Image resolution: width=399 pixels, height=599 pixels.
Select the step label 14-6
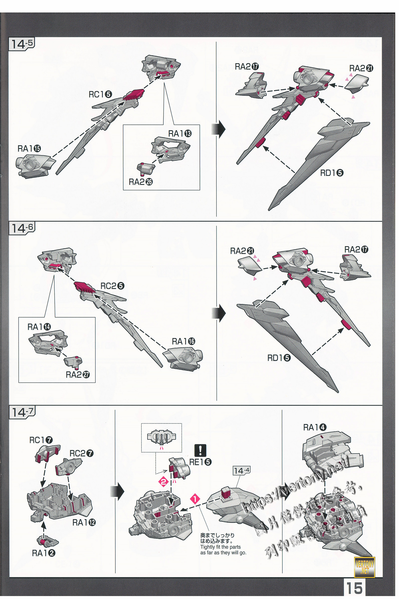coord(22,228)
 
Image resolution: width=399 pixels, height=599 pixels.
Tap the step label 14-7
coord(22,412)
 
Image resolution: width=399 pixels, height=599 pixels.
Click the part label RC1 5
coord(100,95)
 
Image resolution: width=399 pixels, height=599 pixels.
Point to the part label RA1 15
coord(29,149)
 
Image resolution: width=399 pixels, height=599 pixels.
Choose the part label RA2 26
coord(140,182)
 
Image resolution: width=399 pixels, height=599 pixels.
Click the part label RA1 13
coord(180,134)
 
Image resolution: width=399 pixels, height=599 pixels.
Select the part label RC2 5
coord(112,286)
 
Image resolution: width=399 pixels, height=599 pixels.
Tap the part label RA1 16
coord(183,341)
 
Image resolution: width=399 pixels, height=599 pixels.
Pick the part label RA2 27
coord(78,375)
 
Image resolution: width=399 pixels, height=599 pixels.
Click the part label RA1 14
coord(39,327)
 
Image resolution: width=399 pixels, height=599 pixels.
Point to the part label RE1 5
coord(200,462)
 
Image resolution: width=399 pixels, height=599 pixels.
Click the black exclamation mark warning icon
coord(200,450)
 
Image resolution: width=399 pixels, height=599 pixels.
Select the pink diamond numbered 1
coord(195,499)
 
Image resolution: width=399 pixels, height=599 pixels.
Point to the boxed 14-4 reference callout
coord(241,471)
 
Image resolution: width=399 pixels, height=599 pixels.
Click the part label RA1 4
coord(314,428)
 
